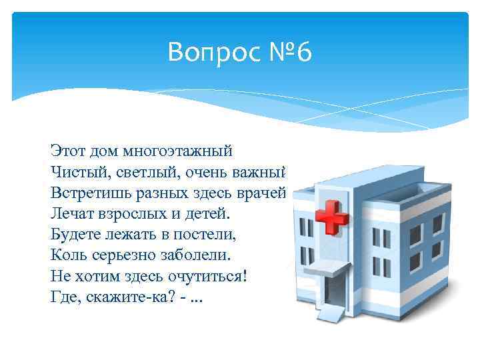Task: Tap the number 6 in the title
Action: tap(303, 51)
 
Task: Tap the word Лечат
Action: tap(72, 213)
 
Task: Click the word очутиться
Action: tap(209, 275)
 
